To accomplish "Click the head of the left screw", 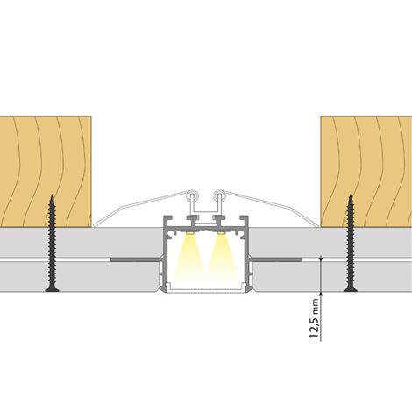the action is click(x=52, y=289).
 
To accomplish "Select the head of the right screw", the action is click(x=351, y=289).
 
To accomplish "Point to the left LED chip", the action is click(x=189, y=233).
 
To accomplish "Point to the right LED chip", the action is click(x=221, y=233).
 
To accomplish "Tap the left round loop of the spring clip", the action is click(x=193, y=195).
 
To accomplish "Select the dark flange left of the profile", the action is click(x=136, y=259).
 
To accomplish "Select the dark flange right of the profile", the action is click(x=276, y=259).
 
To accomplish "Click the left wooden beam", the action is click(x=46, y=172).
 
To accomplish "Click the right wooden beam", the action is click(x=366, y=172).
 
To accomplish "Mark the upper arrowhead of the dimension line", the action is click(x=321, y=258).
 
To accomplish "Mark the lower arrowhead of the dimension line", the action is click(x=321, y=294).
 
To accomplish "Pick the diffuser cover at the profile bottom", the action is click(x=206, y=289).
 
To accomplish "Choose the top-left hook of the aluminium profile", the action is click(x=167, y=219).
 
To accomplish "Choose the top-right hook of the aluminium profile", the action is click(x=244, y=219).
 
